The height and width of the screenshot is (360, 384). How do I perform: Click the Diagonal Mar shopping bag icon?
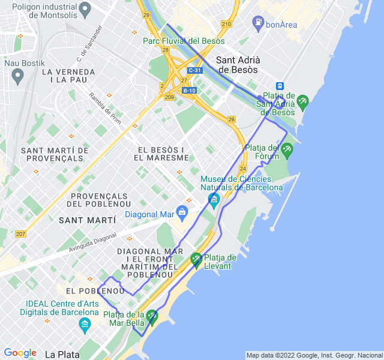[x=182, y=211]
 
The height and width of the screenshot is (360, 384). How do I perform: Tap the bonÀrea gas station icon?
[x=258, y=22]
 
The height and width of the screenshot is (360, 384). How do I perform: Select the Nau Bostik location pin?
[x=17, y=76]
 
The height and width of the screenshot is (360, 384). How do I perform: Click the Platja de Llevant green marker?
[x=196, y=260]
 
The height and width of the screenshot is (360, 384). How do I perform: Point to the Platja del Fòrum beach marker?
[x=287, y=150]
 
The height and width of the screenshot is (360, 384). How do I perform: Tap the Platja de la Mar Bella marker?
[x=152, y=316]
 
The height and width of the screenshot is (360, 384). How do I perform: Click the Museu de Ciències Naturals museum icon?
[x=213, y=198]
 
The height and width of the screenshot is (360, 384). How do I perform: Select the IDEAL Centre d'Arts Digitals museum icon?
[x=85, y=325]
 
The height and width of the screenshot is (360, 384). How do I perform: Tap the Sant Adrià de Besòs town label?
[x=236, y=65]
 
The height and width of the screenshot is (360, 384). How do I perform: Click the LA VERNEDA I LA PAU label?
[x=68, y=76]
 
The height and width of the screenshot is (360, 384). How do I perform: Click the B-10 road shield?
[x=189, y=91]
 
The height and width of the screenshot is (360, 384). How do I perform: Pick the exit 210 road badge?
[x=226, y=24]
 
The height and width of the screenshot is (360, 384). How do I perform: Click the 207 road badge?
[x=20, y=233]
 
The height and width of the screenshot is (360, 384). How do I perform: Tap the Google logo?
[x=20, y=353]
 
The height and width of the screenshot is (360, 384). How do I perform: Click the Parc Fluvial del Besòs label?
[x=184, y=41]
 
